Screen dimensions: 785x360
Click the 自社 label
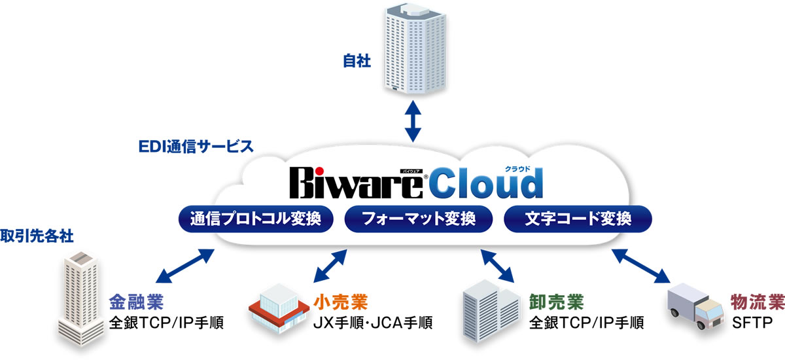[x=357, y=61]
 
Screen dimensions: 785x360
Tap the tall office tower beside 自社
[x=415, y=48]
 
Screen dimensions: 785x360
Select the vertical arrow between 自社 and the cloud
[x=413, y=121]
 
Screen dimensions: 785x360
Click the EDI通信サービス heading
[x=196, y=147]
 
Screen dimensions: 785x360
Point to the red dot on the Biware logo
[x=319, y=171]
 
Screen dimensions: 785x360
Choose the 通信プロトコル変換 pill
[x=256, y=219]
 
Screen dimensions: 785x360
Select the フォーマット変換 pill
[x=419, y=219]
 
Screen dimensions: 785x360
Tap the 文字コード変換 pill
[x=578, y=219]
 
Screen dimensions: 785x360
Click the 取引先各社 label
[x=37, y=236]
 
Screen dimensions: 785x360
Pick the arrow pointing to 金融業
[x=184, y=266]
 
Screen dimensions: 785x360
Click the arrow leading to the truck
[x=641, y=266]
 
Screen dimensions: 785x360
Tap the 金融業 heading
[x=136, y=302]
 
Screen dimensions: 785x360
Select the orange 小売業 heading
[x=341, y=302]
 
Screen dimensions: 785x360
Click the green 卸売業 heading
[x=557, y=302]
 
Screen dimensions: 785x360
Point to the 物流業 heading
[x=758, y=302]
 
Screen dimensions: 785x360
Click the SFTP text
[x=752, y=323]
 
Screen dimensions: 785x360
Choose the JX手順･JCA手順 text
[x=373, y=323]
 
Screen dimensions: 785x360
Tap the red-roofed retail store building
[x=279, y=308]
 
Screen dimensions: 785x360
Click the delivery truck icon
[x=695, y=306]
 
